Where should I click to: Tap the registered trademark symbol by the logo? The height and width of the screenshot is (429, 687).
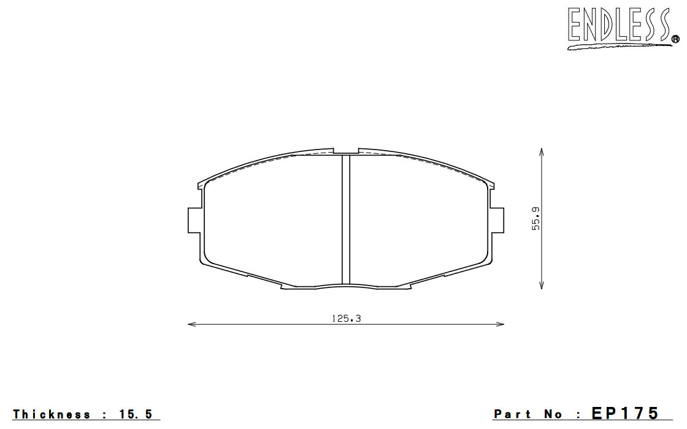[675, 40]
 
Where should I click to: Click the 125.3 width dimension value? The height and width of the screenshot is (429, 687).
[346, 319]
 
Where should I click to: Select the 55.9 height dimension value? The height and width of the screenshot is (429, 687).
[536, 218]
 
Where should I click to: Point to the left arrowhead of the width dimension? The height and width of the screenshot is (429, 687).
[191, 324]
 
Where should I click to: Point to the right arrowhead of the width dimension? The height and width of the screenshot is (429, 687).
[501, 324]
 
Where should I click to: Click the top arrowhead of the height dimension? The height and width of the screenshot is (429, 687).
[542, 152]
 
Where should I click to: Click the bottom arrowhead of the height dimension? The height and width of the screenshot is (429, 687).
[542, 285]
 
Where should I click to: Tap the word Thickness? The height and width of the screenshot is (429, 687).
[52, 414]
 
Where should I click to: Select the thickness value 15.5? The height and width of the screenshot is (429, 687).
[136, 414]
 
